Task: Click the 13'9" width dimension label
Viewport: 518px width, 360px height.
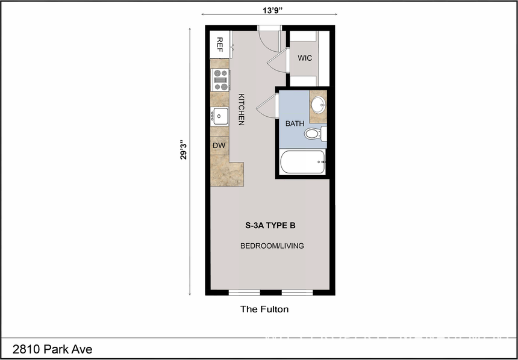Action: pyautogui.click(x=269, y=9)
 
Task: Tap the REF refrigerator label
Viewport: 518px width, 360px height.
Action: pyautogui.click(x=220, y=45)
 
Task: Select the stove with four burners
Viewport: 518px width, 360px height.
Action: pyautogui.click(x=220, y=79)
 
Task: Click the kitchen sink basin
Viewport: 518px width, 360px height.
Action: pyautogui.click(x=219, y=116)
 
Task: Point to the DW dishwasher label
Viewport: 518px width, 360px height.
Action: pyautogui.click(x=219, y=145)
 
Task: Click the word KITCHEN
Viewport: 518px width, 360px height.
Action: pyautogui.click(x=241, y=109)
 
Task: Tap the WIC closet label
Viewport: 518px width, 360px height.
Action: pyautogui.click(x=305, y=58)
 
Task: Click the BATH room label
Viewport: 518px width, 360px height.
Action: pyautogui.click(x=295, y=123)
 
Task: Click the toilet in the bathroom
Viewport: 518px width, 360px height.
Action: pyautogui.click(x=314, y=134)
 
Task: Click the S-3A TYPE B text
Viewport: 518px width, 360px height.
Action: pyautogui.click(x=270, y=226)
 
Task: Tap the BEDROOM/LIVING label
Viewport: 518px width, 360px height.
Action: pyautogui.click(x=272, y=246)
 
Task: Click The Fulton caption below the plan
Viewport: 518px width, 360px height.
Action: pyautogui.click(x=264, y=309)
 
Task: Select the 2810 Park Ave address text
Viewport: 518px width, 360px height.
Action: pyautogui.click(x=52, y=349)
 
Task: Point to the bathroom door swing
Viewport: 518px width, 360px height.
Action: pyautogui.click(x=266, y=107)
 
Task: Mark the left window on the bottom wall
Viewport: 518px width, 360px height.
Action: pyautogui.click(x=244, y=293)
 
